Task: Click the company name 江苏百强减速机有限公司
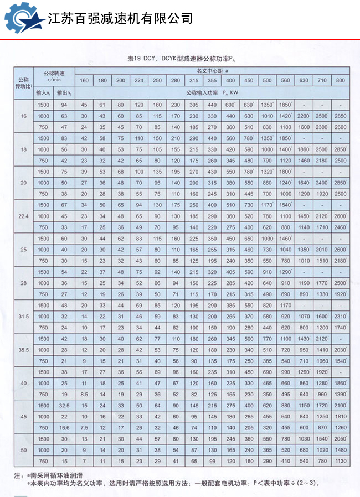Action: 120,18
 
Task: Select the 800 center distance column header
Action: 340,81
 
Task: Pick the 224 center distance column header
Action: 139,81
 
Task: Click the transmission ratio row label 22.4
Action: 23,216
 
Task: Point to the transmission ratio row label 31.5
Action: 23,316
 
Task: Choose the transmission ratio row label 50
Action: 23,450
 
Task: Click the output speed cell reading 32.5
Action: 64,406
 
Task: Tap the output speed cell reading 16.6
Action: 64,427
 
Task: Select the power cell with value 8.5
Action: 85,394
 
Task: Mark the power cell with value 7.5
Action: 85,427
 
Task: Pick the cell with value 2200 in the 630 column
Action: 304,116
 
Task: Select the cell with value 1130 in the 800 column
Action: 340,461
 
